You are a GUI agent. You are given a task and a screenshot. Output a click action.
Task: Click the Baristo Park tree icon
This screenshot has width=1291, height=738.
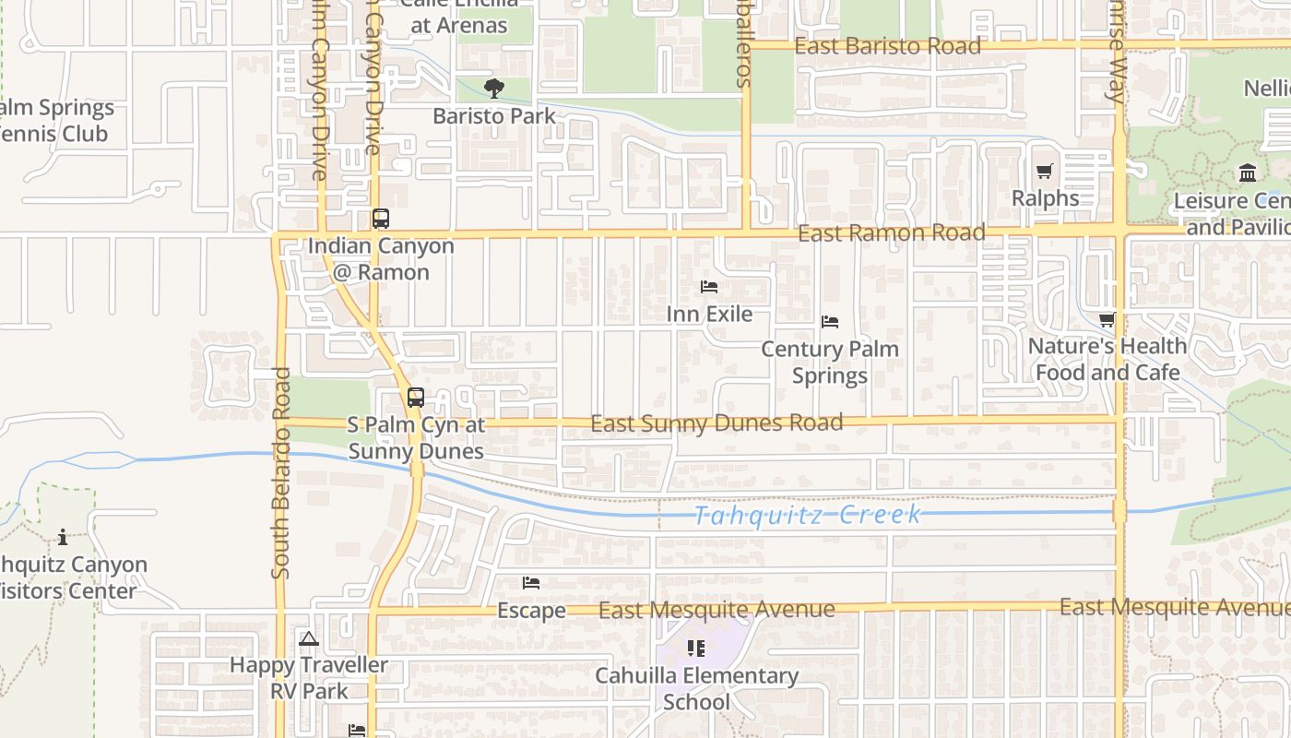click(x=494, y=89)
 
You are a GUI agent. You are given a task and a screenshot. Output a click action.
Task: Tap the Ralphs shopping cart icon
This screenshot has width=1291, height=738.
click(x=1045, y=171)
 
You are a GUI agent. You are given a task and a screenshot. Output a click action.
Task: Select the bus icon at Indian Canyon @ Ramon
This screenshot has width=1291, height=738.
click(x=381, y=219)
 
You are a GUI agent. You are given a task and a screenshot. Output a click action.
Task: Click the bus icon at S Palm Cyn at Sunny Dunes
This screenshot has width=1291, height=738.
click(x=416, y=398)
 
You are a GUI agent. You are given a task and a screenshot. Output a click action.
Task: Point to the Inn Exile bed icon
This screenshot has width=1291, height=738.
click(x=709, y=287)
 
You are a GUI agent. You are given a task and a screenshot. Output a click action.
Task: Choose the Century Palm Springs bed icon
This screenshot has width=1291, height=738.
click(x=830, y=322)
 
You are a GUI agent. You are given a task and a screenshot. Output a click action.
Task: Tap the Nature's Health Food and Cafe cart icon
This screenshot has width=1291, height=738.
click(x=1107, y=320)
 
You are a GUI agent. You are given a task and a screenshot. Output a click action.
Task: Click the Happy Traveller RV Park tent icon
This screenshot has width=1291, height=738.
click(x=309, y=638)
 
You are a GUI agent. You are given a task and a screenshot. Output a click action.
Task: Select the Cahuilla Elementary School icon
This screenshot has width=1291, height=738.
click(x=696, y=649)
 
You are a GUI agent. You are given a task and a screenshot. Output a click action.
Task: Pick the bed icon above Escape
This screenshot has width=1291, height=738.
click(x=531, y=583)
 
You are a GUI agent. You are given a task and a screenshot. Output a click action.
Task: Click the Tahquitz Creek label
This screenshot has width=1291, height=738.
click(x=807, y=515)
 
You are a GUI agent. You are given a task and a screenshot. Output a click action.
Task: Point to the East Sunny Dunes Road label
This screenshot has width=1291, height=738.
click(x=717, y=423)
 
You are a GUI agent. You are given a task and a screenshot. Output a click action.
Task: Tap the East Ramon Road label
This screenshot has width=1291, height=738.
click(x=891, y=233)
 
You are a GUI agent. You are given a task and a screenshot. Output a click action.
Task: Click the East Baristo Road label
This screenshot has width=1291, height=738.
click(x=887, y=46)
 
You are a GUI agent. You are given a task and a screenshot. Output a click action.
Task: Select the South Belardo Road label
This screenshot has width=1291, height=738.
click(x=281, y=473)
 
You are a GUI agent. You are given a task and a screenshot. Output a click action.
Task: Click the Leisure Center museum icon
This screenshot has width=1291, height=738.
click(x=1248, y=173)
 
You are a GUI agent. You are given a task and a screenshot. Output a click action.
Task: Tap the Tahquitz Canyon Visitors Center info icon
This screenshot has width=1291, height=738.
click(x=63, y=537)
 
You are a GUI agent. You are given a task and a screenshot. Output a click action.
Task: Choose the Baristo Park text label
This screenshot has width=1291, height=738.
click(x=494, y=116)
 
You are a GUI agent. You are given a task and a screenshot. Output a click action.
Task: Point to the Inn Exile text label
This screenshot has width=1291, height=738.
click(x=709, y=315)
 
